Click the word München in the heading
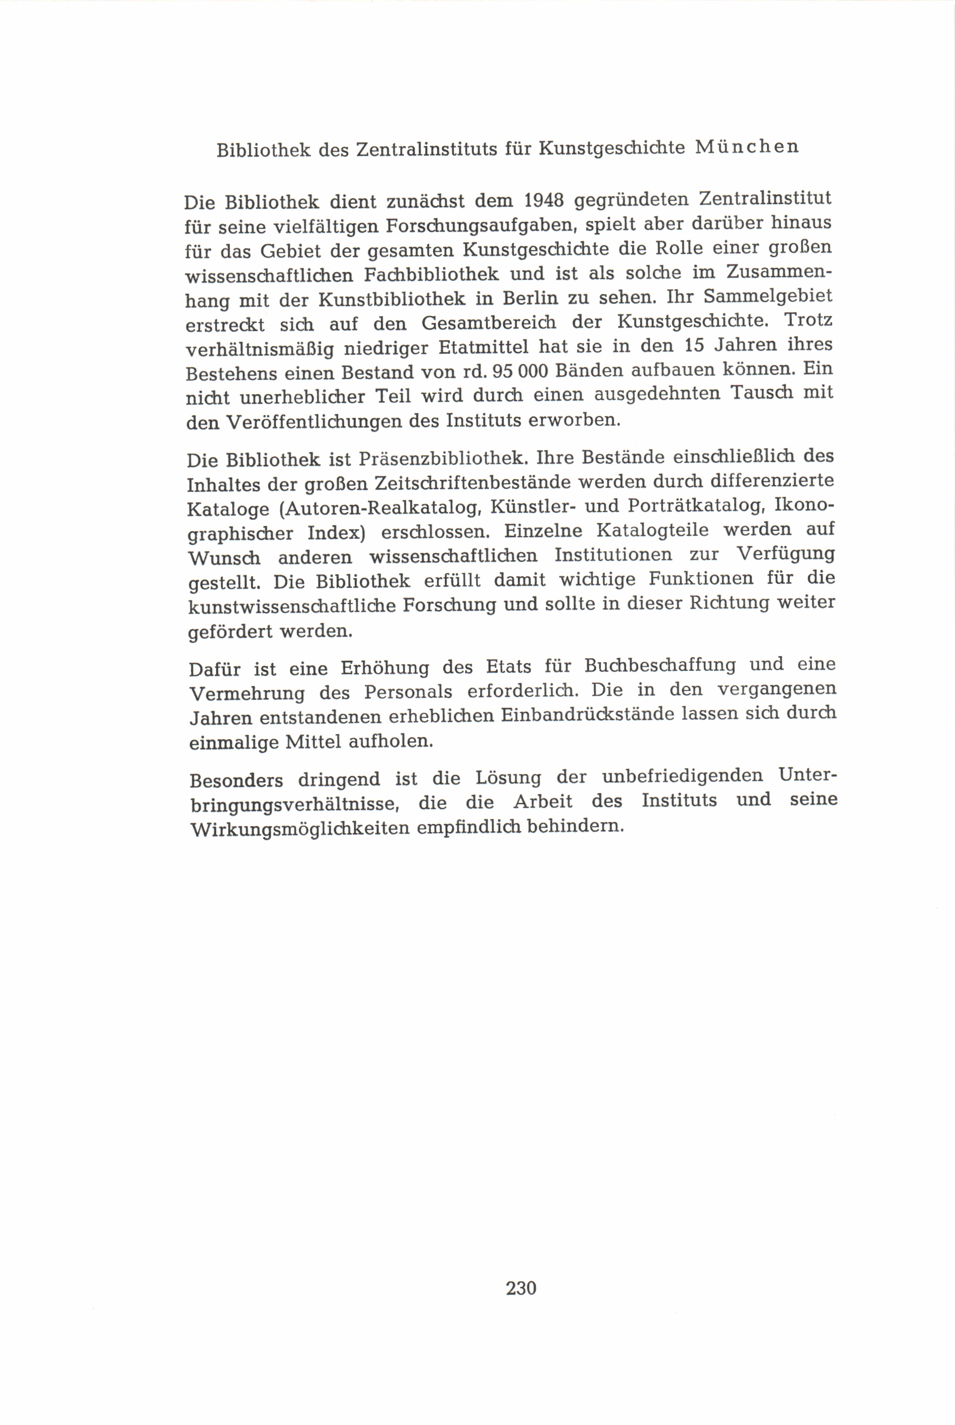[747, 148]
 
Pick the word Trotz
[808, 320]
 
